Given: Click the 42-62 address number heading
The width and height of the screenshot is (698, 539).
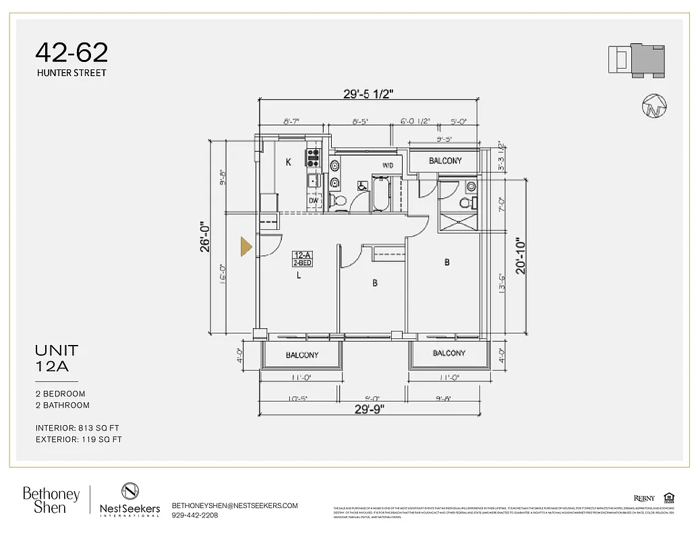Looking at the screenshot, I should click(71, 53).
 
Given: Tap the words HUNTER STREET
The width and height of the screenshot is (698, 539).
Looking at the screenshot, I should click(71, 73).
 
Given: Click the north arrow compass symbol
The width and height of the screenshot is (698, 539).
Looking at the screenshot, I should click(654, 106).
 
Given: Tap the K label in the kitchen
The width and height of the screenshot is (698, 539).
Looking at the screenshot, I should click(288, 162).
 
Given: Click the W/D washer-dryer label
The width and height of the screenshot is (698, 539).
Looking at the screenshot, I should click(388, 165).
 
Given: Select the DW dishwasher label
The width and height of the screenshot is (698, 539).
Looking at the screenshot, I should click(314, 200).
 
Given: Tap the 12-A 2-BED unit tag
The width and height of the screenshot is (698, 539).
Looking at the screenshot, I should click(301, 259).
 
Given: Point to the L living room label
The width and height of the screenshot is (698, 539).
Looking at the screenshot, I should click(299, 275).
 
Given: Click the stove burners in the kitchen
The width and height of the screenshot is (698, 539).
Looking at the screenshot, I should click(314, 158).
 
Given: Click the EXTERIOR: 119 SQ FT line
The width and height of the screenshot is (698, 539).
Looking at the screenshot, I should click(79, 440).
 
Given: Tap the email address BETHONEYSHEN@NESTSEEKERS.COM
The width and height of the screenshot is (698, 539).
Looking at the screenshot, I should click(235, 505).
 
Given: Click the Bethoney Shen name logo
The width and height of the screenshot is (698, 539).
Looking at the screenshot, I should click(51, 501).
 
